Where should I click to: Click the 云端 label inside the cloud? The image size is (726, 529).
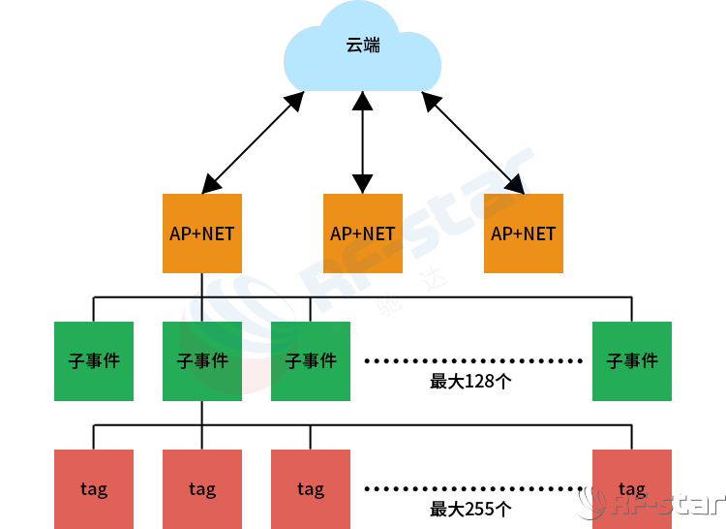pos(363,45)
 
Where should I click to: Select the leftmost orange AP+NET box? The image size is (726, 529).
pos(201,233)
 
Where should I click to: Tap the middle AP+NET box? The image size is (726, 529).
pos(362,233)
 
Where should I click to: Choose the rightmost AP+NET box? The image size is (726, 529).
pos(523,233)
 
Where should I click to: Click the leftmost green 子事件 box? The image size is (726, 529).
pos(94,360)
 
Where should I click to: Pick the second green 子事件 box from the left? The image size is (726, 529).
pos(201,360)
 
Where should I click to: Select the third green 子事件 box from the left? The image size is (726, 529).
pos(310,360)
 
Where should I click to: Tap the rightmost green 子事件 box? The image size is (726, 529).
pos(631,360)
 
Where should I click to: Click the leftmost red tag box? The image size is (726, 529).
pos(94,489)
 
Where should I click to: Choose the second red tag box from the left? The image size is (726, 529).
pos(201,489)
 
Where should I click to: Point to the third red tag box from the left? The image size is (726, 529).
pos(310,489)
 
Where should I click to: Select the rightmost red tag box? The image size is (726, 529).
pos(631,489)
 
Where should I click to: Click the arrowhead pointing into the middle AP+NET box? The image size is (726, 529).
pos(362,183)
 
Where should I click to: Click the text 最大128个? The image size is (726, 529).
pos(470,381)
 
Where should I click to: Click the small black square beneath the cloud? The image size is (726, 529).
pos(362,101)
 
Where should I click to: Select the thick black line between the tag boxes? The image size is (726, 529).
pos(474,489)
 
